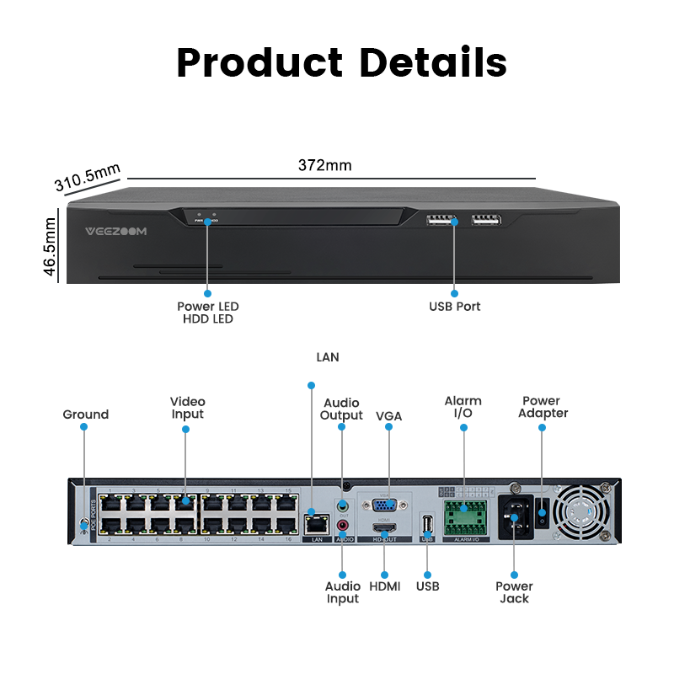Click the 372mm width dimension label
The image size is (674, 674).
click(324, 165)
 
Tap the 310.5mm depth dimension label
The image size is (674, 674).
click(88, 178)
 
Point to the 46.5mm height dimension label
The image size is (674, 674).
click(50, 246)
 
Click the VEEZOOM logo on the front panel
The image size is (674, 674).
click(116, 231)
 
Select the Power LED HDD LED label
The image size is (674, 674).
click(207, 313)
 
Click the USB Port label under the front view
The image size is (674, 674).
click(454, 307)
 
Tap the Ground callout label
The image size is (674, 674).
click(85, 415)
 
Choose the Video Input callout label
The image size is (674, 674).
click(187, 408)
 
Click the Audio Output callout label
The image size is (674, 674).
click(341, 409)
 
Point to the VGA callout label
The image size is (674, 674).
click(388, 415)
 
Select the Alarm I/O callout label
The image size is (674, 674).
click(463, 407)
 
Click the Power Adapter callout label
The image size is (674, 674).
click(543, 407)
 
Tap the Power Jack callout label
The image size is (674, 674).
click(514, 592)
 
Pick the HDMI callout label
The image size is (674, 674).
click(384, 586)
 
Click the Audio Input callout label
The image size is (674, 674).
click(342, 592)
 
